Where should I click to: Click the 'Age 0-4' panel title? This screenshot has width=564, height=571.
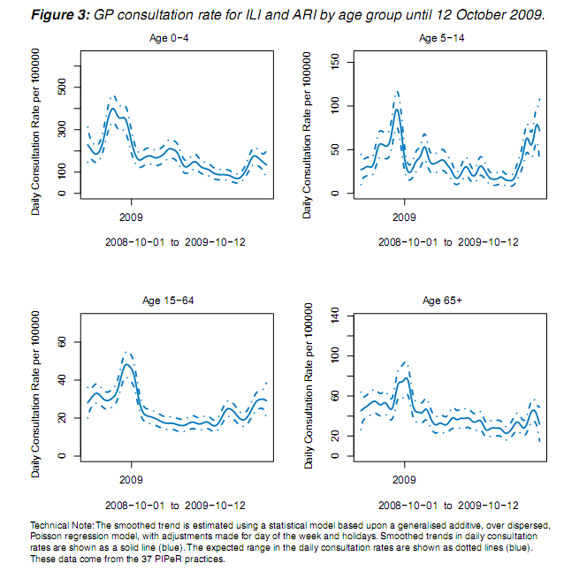click(169, 38)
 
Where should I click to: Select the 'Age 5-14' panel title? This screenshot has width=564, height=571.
click(441, 38)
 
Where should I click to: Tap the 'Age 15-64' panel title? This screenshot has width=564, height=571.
click(168, 301)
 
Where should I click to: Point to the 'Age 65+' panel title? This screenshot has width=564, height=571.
click(442, 301)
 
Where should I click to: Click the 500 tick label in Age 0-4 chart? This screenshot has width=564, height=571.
click(62, 87)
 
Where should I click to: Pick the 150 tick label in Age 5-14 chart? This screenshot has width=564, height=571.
click(335, 62)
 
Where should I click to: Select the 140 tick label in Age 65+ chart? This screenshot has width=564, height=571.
click(335, 316)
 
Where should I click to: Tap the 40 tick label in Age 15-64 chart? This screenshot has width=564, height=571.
click(62, 380)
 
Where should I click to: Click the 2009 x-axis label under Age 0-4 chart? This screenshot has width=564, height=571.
click(131, 217)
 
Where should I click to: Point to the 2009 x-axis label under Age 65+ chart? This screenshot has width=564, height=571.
click(404, 480)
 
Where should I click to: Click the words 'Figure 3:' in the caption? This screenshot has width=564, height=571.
click(60, 15)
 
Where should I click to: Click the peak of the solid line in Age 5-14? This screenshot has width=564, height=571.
click(397, 110)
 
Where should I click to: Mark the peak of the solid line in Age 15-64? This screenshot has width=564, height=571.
click(126, 364)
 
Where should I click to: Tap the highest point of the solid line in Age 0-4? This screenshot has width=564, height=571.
click(113, 108)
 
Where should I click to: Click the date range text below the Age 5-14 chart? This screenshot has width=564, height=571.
click(448, 242)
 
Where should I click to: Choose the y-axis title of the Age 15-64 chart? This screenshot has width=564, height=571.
click(35, 394)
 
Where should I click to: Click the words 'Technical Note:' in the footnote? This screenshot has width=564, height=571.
click(62, 526)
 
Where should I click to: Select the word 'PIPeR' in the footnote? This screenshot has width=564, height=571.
click(168, 559)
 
